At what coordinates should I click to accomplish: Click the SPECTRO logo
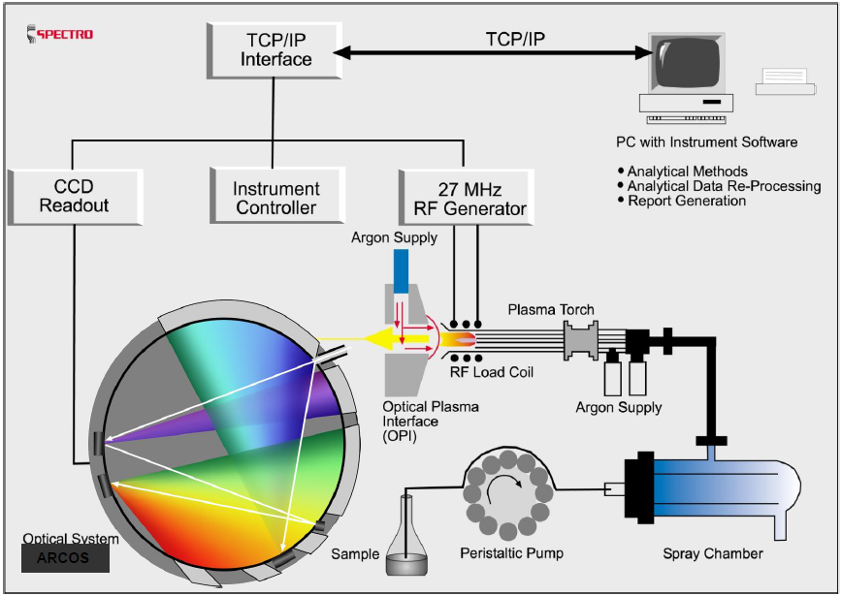point(60,34)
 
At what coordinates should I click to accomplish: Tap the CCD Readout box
point(73,197)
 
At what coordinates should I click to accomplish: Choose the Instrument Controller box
point(275,198)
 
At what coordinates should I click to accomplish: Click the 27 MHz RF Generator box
point(466,198)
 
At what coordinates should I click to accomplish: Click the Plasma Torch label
point(549,311)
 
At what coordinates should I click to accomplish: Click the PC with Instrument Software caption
point(707,142)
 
